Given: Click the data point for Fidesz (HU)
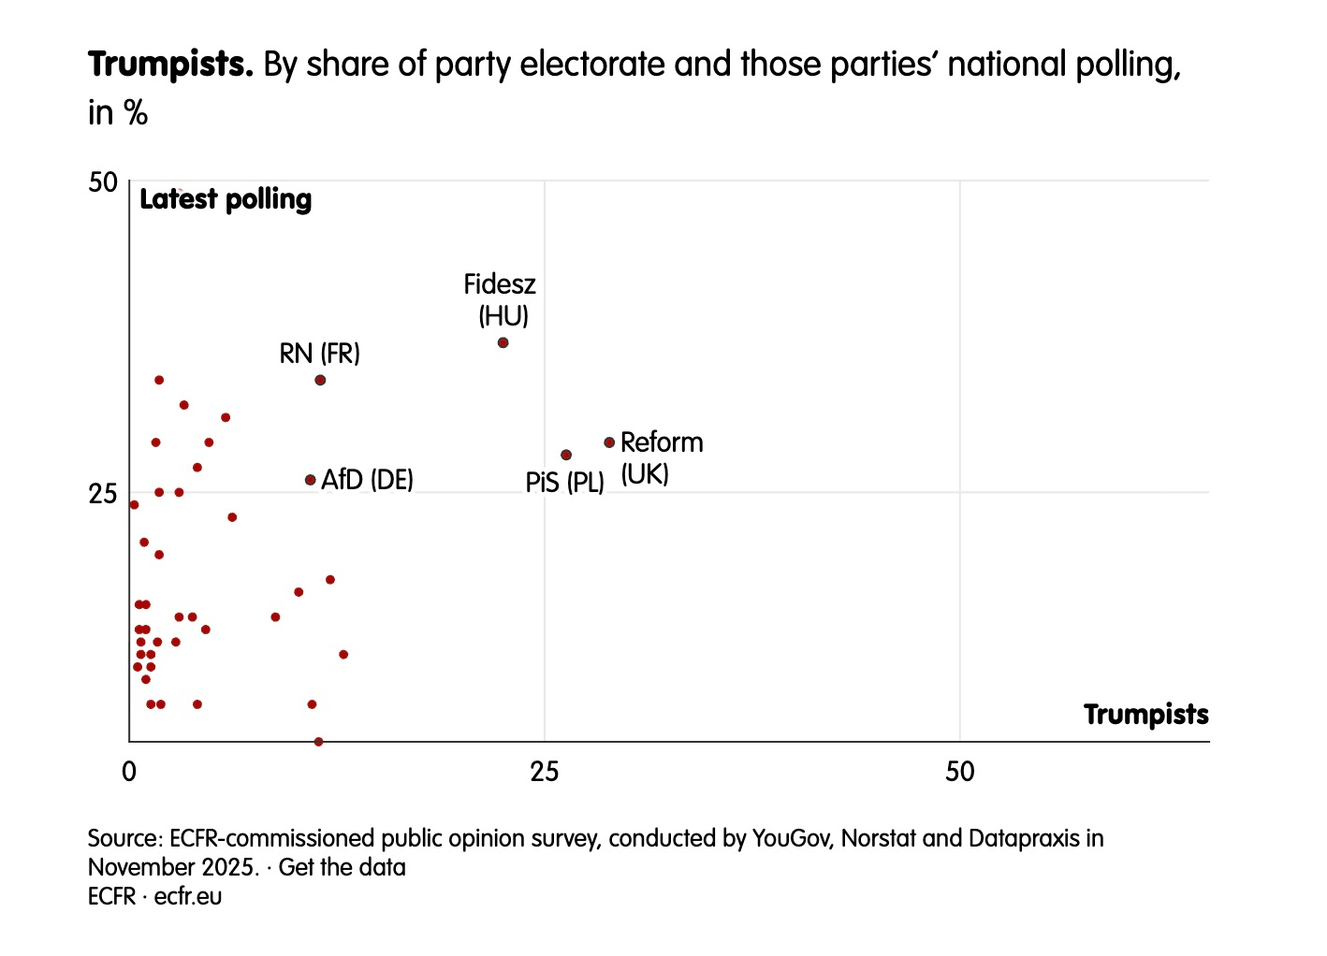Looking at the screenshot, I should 503,343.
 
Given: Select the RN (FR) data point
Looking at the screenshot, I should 320,380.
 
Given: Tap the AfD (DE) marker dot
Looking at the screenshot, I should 311,480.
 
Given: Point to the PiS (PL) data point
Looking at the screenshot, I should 566,455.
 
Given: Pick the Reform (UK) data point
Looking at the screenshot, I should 609,442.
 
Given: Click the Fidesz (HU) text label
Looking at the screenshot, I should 501,299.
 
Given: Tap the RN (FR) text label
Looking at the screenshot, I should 319,354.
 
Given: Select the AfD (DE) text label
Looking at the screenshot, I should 367,481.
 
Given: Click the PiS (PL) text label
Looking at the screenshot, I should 564,483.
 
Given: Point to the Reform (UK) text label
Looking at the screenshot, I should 661,457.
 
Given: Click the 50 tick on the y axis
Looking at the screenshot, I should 103,182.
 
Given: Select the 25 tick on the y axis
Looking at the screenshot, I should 103,493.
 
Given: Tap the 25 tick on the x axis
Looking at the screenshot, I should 544,772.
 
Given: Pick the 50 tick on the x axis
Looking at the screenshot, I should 959,772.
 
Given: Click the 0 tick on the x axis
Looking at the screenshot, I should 129,772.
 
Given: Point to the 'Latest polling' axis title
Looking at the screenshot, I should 226,199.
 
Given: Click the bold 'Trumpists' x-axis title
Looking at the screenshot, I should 1145,715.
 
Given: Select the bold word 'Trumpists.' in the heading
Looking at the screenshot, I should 170,65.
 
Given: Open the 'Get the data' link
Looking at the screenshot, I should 343,867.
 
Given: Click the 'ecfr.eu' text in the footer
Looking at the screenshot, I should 188,896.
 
